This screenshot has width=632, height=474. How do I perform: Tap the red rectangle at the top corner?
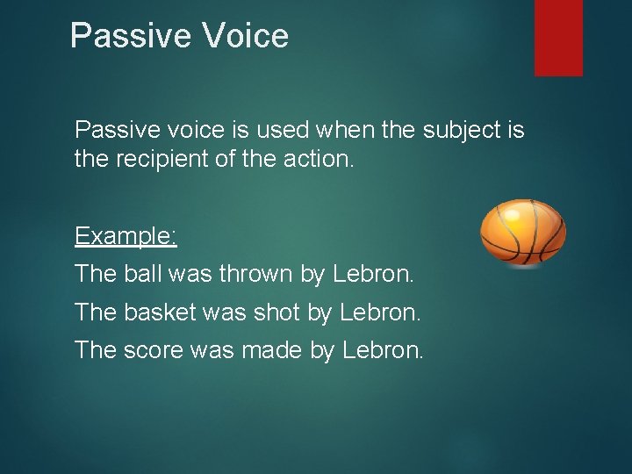click(x=558, y=37)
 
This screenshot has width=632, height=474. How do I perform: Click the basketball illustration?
click(x=523, y=233)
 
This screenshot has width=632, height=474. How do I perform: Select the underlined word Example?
click(x=126, y=236)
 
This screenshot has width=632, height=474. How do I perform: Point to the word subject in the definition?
click(x=461, y=131)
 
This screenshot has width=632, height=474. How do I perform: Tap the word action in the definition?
click(x=325, y=161)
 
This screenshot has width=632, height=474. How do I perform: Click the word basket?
click(x=157, y=312)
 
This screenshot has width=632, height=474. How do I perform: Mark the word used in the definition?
click(x=281, y=131)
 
